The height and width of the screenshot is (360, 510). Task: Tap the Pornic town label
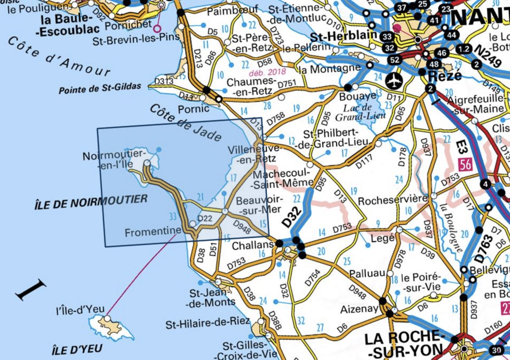coord(193,109)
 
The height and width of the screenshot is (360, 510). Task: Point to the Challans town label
coord(253,245)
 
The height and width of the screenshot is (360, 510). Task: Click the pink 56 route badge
coord(465,164)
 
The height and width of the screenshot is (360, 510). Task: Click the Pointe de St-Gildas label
coord(100,88)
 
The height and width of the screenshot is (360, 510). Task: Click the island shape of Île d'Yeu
coord(111,328)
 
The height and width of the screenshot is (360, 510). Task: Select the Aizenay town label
coord(359,309)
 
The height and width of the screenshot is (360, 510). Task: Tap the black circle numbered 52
coord(394,60)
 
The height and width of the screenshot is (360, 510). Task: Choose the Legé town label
coord(382,238)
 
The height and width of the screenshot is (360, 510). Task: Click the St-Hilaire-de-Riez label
coord(207,324)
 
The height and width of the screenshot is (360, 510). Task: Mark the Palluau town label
coord(367,273)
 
